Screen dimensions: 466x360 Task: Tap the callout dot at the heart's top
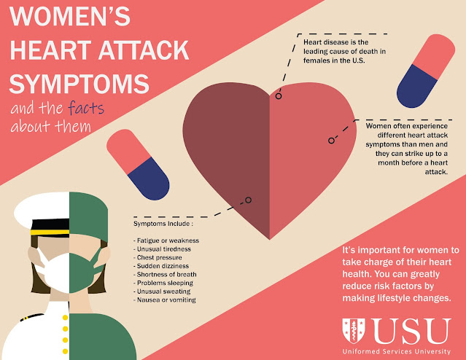click(x=278, y=94)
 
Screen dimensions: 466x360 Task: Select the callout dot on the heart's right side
click(x=331, y=140)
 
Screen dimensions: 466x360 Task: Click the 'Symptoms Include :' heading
click(x=160, y=223)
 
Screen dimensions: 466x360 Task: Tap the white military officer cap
click(x=40, y=208)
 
